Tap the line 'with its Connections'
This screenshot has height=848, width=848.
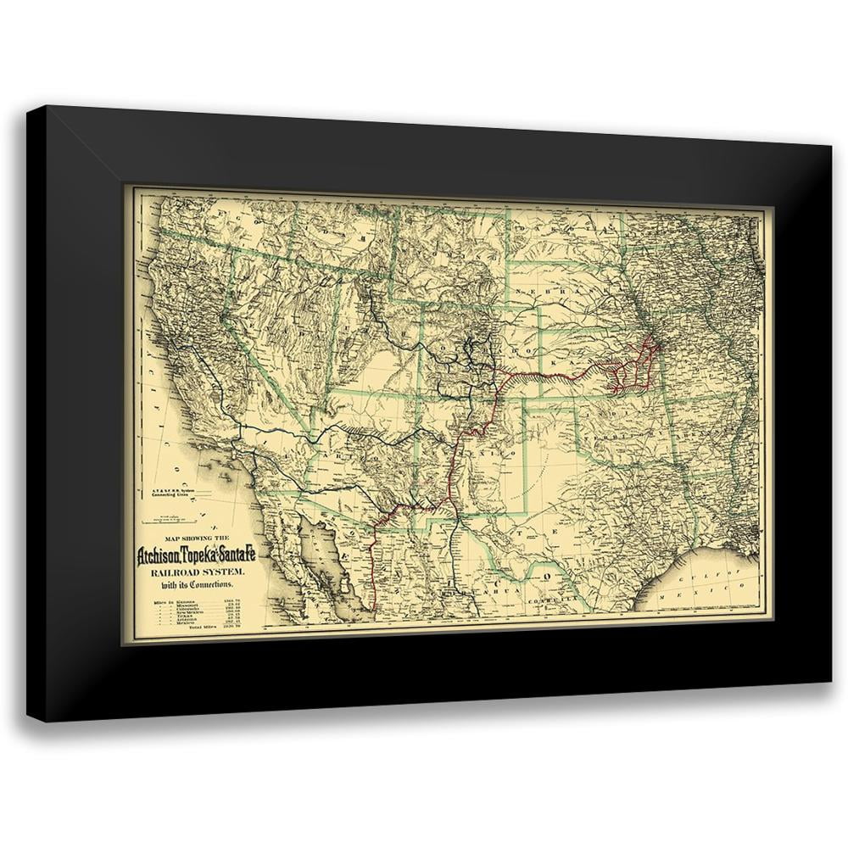(196, 589)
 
